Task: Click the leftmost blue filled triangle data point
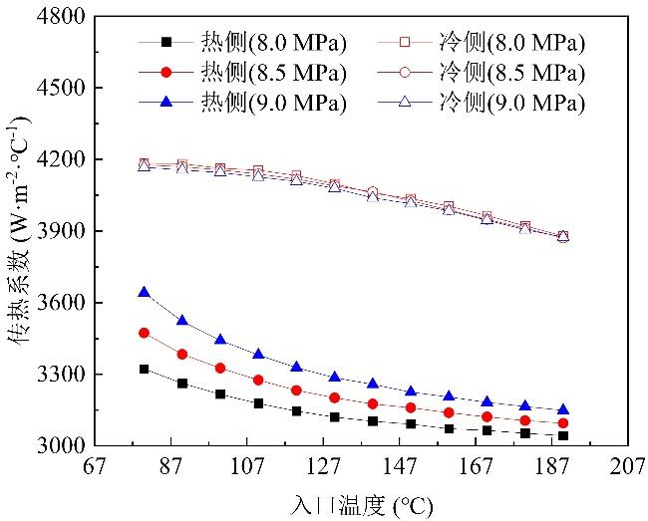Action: [144, 292]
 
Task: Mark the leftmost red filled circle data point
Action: [144, 333]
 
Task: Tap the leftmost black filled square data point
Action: [144, 369]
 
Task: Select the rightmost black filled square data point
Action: [563, 435]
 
